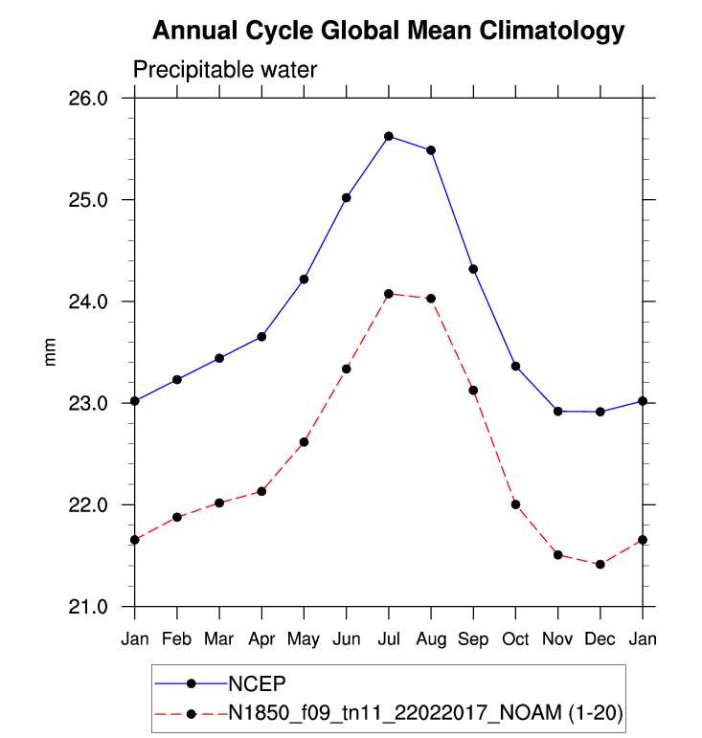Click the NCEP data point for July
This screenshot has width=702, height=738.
coord(389,136)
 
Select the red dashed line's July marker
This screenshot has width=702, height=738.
coord(389,294)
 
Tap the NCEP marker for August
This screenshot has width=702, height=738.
coord(431,150)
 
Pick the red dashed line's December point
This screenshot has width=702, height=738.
coord(600,565)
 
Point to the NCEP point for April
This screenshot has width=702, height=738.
coord(261,337)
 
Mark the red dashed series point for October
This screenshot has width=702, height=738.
coord(515,504)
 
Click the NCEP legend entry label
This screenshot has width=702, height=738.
coord(258,683)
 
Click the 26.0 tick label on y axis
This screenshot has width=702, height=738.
coord(107,99)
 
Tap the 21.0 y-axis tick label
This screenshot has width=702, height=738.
coord(107,607)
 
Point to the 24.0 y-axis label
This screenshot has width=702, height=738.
coord(107,302)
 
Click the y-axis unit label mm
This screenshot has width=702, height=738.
coord(52,352)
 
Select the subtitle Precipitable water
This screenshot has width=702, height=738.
coord(224,70)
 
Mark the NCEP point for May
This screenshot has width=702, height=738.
coord(304,280)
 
